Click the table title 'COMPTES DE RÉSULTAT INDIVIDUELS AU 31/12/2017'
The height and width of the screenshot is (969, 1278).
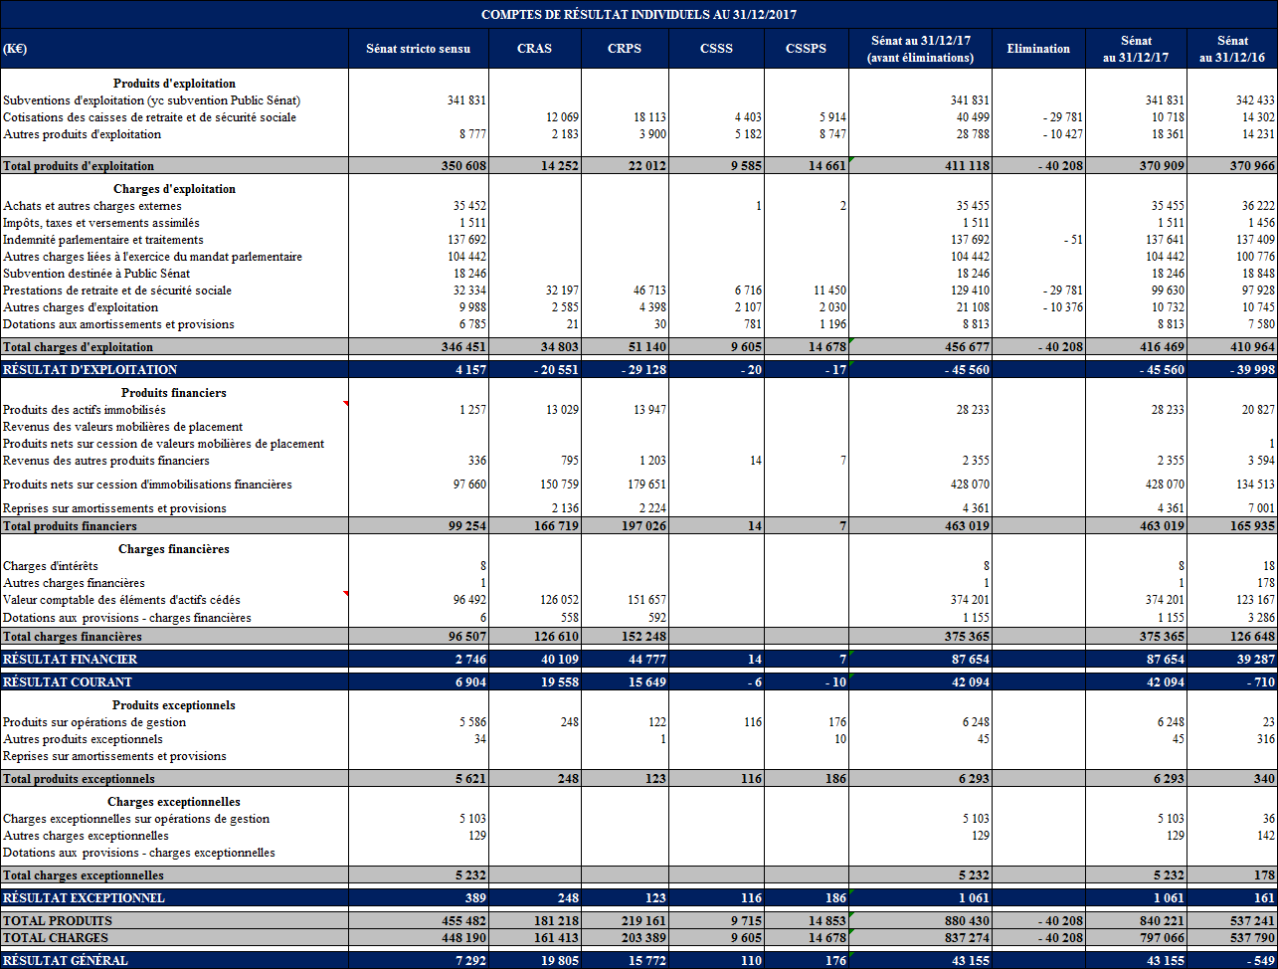(x=639, y=14)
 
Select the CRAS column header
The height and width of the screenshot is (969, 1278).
(x=534, y=49)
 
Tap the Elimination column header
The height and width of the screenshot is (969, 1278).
(x=1038, y=49)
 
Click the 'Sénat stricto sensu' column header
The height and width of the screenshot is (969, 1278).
(x=418, y=49)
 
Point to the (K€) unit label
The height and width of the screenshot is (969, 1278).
(x=15, y=49)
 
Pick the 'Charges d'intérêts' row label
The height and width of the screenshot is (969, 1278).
(x=51, y=566)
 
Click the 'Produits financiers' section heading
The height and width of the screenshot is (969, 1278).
(x=174, y=393)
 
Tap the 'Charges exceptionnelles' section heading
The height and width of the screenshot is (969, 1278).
(x=174, y=802)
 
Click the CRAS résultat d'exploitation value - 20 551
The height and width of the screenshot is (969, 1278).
(x=552, y=369)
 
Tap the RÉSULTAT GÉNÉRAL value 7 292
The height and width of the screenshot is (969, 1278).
(x=469, y=960)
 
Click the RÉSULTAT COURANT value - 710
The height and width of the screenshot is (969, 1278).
(x=1256, y=682)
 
